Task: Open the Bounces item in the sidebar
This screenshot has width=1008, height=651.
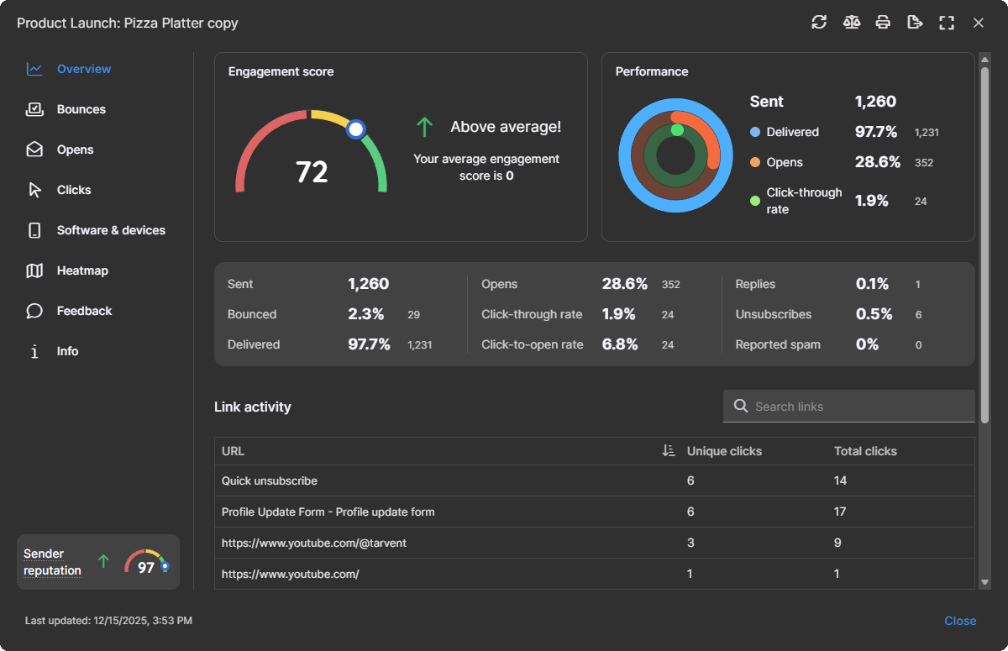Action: [81, 109]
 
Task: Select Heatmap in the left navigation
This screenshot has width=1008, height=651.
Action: [82, 270]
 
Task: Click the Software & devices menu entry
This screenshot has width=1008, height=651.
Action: [111, 230]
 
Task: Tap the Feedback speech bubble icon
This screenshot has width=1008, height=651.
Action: [34, 311]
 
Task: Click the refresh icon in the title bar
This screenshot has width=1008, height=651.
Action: [819, 23]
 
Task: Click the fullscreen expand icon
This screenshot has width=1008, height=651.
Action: [947, 23]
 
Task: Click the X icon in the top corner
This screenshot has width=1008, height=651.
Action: [979, 23]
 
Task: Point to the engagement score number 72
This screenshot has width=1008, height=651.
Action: [312, 172]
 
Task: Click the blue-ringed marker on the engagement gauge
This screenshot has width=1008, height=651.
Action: [356, 129]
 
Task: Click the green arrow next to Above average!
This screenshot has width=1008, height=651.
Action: [425, 128]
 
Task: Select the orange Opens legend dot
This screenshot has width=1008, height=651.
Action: [755, 162]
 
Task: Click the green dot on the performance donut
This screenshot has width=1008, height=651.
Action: [677, 129]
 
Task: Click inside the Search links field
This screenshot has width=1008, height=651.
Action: [857, 407]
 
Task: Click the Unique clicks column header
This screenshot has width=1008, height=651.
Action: [723, 451]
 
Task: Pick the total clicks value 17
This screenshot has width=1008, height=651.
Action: [840, 512]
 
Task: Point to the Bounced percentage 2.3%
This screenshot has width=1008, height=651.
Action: [366, 314]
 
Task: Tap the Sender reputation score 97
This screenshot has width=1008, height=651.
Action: [146, 568]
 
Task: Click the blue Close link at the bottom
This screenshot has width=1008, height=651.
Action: [960, 621]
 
